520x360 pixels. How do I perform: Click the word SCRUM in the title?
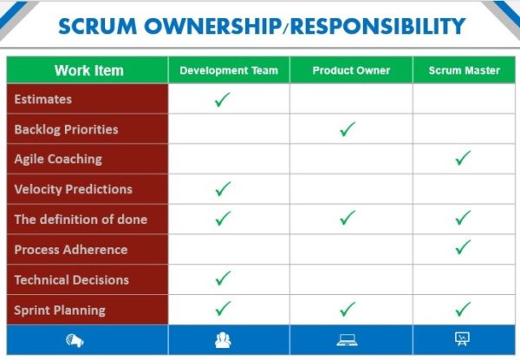[x=97, y=26]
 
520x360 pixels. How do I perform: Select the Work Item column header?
[x=89, y=70]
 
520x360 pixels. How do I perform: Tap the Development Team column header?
[x=229, y=70]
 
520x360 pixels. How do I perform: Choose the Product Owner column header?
[x=351, y=70]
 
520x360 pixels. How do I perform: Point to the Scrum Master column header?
[x=465, y=70]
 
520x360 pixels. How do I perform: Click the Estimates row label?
[x=43, y=99]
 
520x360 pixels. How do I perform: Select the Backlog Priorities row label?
[x=67, y=129]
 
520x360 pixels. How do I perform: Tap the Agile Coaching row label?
[x=58, y=160]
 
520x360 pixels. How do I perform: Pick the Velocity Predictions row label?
[x=74, y=189]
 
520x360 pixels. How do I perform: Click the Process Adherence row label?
[x=71, y=250]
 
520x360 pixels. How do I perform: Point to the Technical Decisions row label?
[x=72, y=279]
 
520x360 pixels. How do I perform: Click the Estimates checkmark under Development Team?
[x=222, y=100]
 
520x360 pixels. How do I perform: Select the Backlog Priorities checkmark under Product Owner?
[x=348, y=129]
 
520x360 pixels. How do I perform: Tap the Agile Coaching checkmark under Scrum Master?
[x=463, y=158]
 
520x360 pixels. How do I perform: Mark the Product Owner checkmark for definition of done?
[x=348, y=218]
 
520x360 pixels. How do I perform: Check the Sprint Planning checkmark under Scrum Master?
[x=463, y=309]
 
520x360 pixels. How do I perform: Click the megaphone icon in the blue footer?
[x=75, y=340]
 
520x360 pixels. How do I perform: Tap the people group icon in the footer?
[x=223, y=340]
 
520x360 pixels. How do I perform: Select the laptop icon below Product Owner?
[x=347, y=340]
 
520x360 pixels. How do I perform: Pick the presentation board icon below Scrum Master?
[x=462, y=339]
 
